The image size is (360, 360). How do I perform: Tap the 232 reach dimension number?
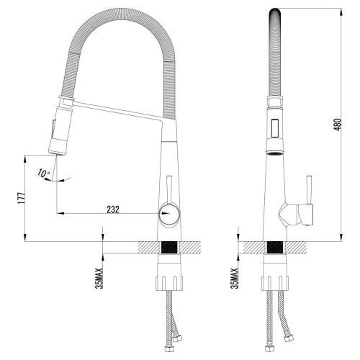coord(112,209)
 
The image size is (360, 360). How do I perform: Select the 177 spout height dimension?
coord(22,197)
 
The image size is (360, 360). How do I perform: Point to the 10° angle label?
coord(46,173)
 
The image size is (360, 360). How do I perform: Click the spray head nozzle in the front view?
coord(55,149)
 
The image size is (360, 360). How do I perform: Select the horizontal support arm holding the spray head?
coord(115,109)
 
